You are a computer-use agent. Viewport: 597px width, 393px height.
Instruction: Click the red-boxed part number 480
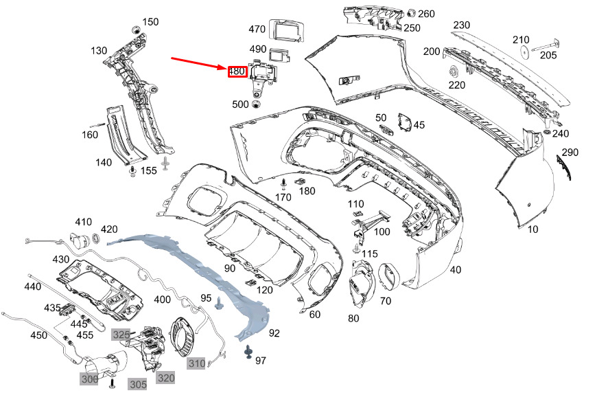click(x=237, y=71)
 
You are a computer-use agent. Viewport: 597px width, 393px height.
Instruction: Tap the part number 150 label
click(x=150, y=22)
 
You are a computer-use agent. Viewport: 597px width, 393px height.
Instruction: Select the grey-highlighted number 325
click(x=121, y=335)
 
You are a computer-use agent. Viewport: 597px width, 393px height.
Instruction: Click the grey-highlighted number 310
click(x=197, y=363)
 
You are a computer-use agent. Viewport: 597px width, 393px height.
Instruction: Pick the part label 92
click(x=274, y=333)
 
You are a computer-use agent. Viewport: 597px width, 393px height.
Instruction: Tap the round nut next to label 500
click(x=256, y=104)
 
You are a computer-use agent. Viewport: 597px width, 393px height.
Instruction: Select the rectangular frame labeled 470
click(x=288, y=30)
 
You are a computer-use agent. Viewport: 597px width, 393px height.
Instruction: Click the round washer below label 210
click(x=526, y=51)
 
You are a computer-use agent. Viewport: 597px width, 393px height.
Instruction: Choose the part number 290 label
click(x=570, y=153)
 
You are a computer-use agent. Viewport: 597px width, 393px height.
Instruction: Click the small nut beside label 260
click(x=411, y=13)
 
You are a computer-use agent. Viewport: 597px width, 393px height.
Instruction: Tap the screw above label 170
click(x=283, y=184)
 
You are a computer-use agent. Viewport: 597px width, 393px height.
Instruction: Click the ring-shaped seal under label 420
click(x=96, y=238)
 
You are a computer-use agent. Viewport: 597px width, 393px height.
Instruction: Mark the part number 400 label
click(x=162, y=300)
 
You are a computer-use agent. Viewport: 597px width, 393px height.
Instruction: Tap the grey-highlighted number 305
click(x=138, y=384)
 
